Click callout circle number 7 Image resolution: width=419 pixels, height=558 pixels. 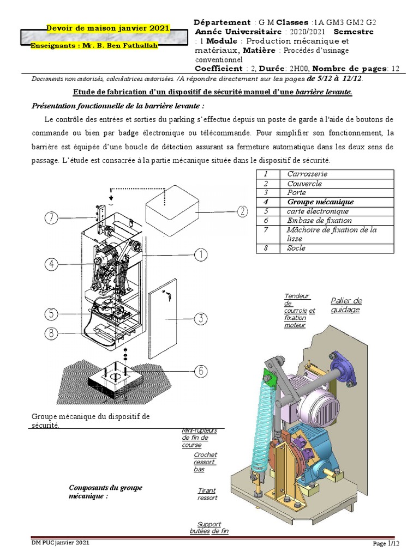(x=52, y=218)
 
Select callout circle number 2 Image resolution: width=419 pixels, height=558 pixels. (x=241, y=211)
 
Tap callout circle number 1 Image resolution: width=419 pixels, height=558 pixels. (x=201, y=254)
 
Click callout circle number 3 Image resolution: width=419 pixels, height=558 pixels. (x=201, y=318)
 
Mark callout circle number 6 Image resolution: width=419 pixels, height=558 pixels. (x=201, y=371)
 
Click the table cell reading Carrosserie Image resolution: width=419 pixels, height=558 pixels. (x=307, y=174)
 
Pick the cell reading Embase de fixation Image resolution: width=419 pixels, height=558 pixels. (x=319, y=220)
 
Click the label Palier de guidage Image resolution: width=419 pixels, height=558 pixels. (x=346, y=305)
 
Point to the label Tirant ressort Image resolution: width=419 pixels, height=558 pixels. (x=207, y=494)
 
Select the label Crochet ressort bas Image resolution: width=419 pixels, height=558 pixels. (x=205, y=462)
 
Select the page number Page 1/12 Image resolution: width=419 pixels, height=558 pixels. (x=386, y=543)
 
